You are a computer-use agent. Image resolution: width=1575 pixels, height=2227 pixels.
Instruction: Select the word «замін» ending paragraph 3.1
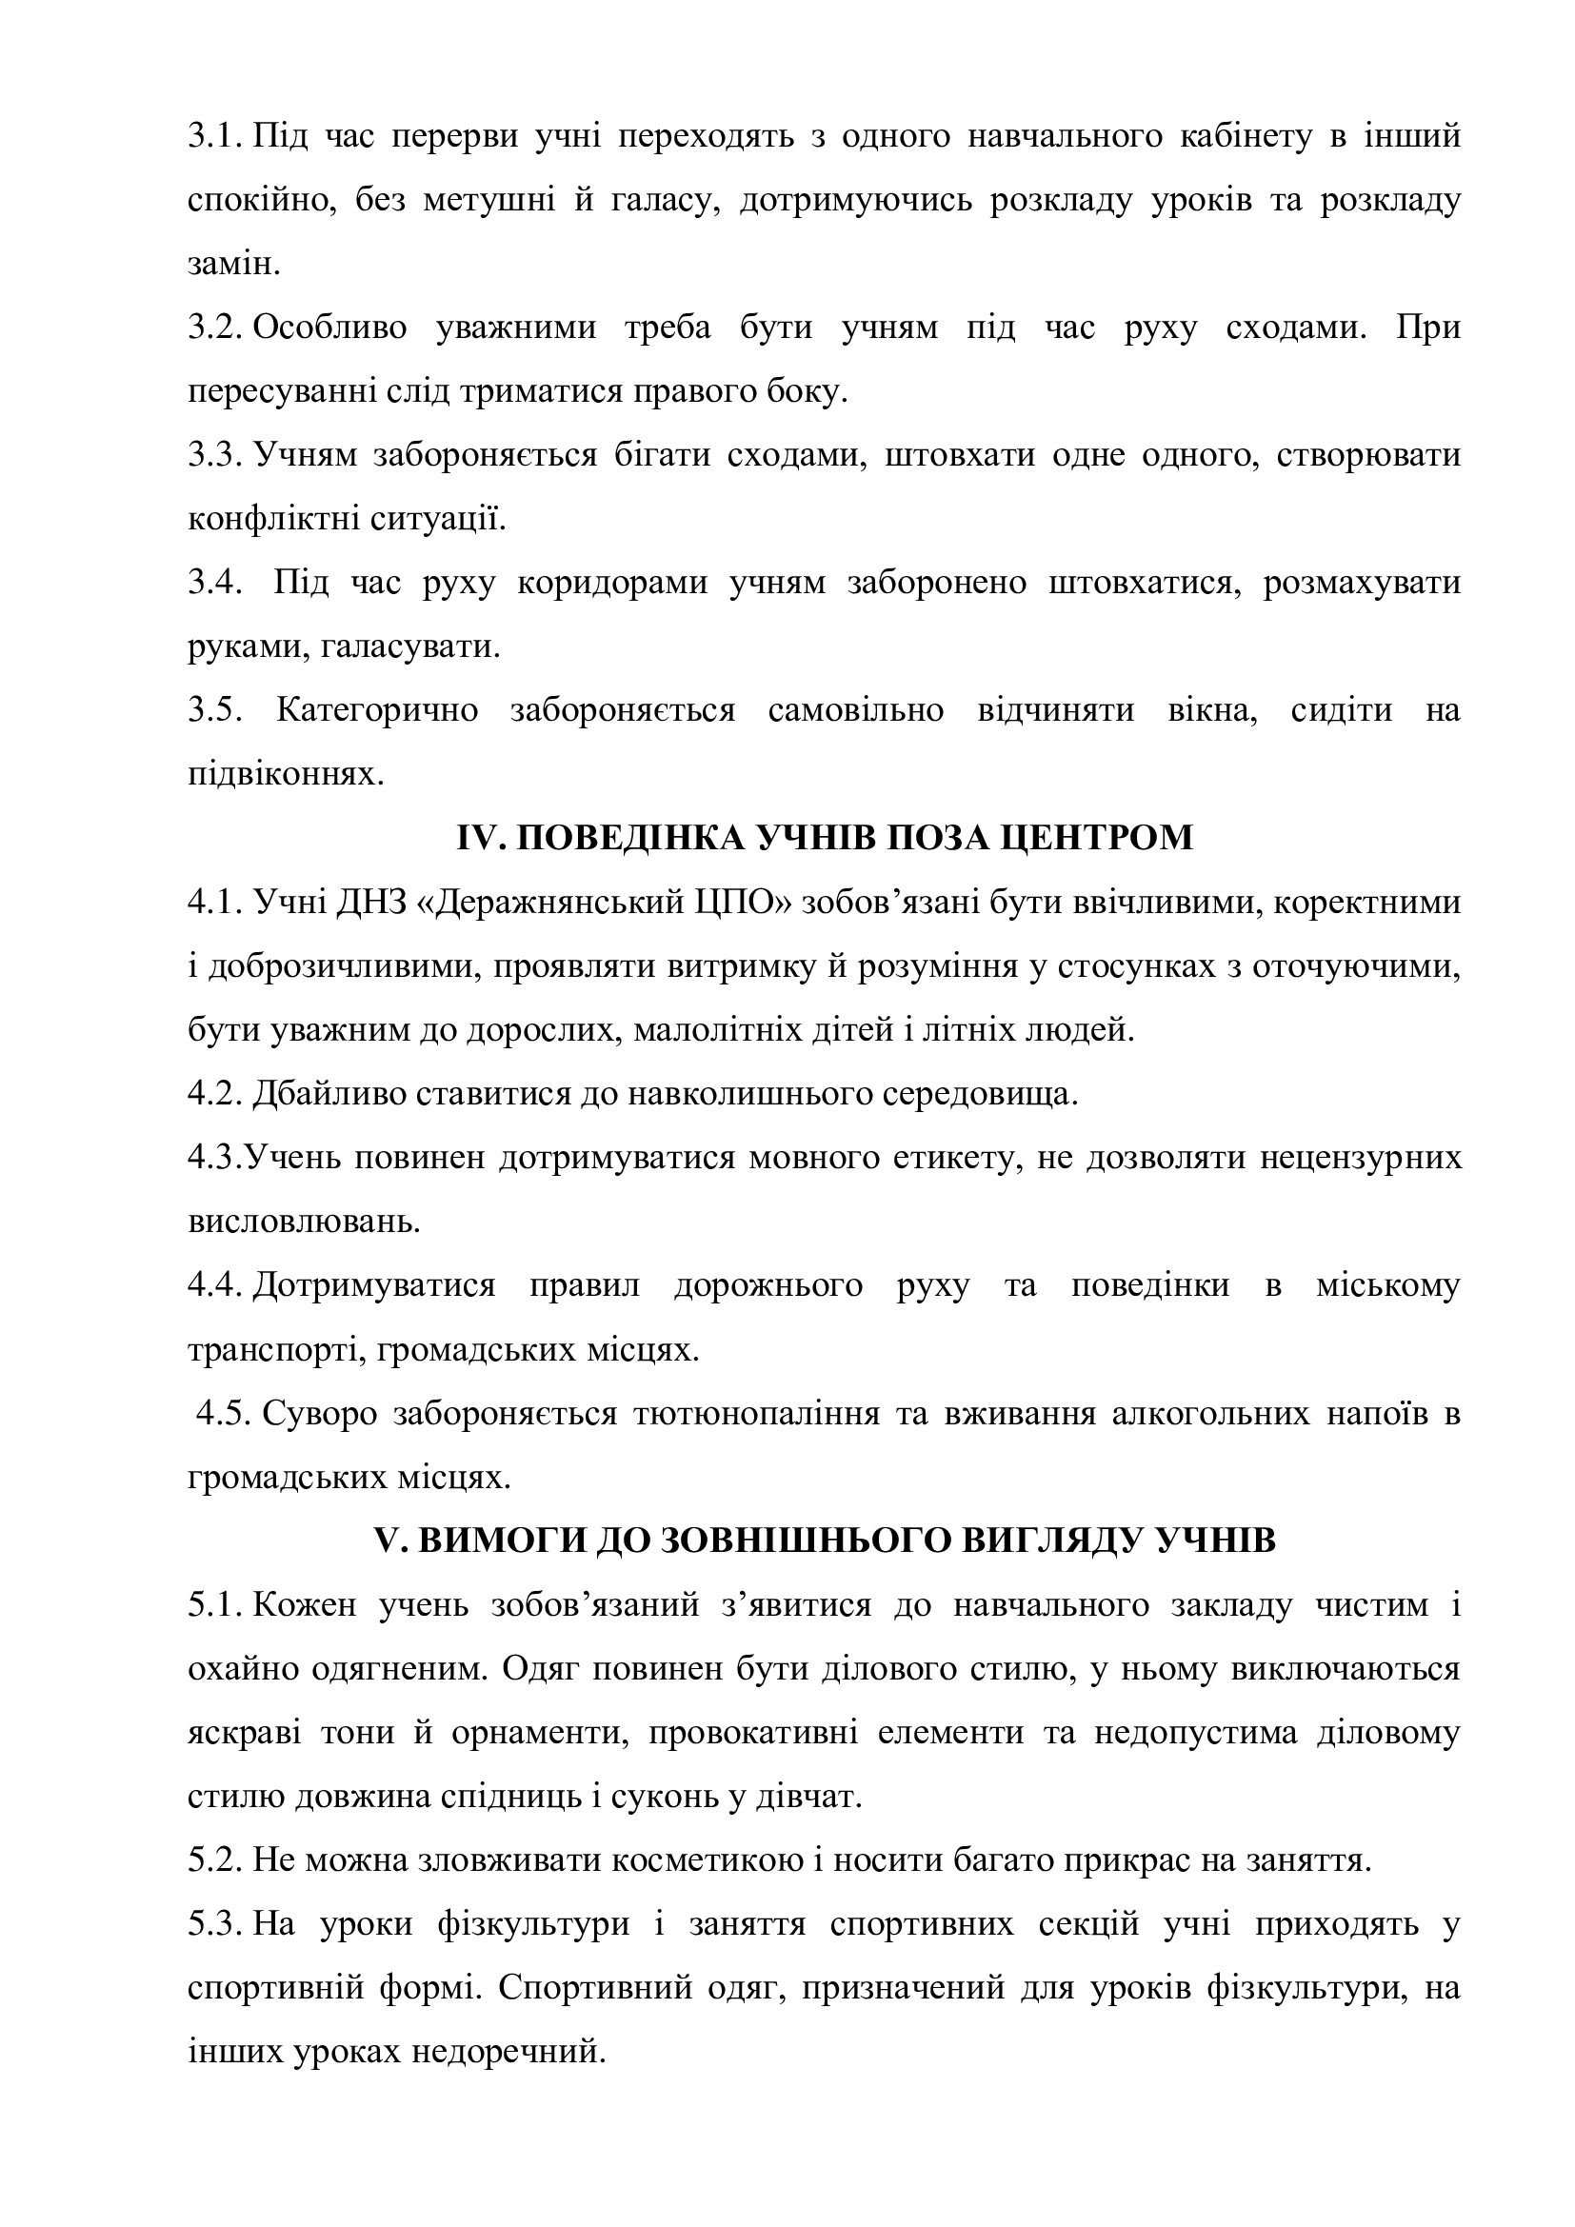pyautogui.click(x=231, y=265)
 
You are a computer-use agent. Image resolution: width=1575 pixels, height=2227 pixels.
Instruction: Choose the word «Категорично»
pyautogui.click(x=377, y=711)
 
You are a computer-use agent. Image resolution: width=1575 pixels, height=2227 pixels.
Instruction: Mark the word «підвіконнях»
pyautogui.click(x=280, y=775)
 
